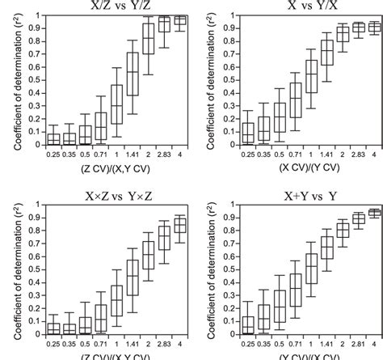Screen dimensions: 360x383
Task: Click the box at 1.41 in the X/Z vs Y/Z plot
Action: point(133,73)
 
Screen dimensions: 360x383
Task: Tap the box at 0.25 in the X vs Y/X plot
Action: point(247,133)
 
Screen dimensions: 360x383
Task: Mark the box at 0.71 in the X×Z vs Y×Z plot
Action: point(101,318)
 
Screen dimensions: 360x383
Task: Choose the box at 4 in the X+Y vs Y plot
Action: point(375,214)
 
